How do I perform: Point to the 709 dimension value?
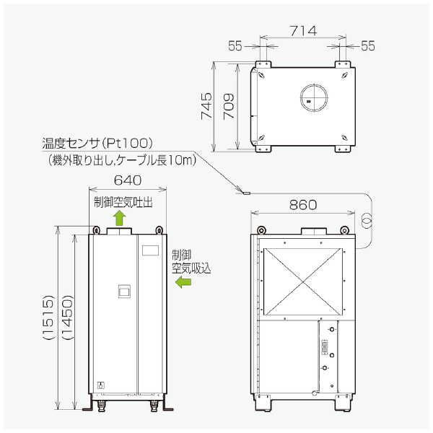point(227,106)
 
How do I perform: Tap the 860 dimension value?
point(302,205)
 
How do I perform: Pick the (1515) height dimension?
point(48,317)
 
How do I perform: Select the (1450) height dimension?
point(66,317)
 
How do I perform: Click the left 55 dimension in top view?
point(235,45)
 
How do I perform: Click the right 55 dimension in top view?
point(368,45)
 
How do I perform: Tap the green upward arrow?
point(121,218)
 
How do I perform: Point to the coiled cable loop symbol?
point(366,219)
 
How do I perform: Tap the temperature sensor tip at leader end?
point(244,193)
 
